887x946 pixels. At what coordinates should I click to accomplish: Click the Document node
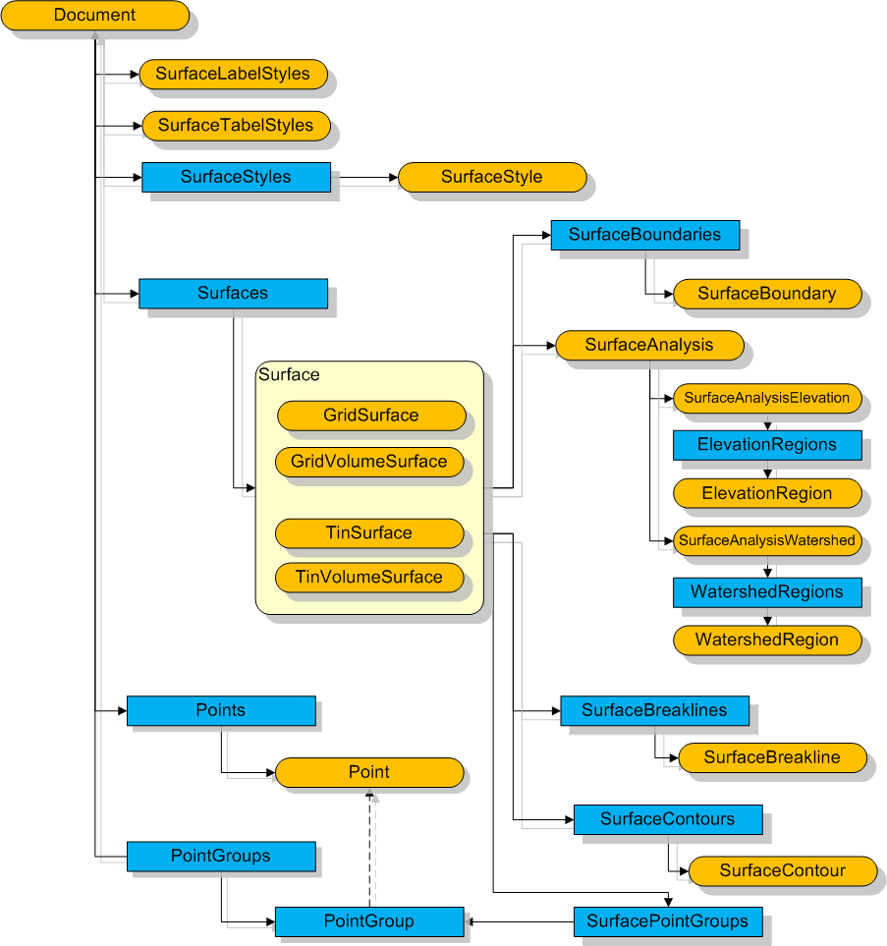point(94,16)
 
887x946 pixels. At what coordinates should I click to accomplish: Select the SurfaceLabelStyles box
point(233,74)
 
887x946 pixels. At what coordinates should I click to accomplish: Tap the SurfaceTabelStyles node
point(236,126)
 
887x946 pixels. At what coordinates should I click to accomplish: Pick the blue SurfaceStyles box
point(236,177)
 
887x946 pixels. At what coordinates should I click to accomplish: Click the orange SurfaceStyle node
point(491,177)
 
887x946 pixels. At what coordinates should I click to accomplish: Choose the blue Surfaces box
point(233,293)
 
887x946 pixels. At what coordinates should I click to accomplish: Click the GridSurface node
point(370,416)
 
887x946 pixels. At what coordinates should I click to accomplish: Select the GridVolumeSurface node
point(369,462)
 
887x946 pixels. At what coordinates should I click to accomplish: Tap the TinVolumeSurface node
point(369,577)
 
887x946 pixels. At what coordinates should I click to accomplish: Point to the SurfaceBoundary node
point(766,294)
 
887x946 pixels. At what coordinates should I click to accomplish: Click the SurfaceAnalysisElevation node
point(766,398)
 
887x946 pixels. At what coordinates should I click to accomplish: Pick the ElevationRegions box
point(766,445)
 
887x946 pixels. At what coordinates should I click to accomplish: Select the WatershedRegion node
point(766,640)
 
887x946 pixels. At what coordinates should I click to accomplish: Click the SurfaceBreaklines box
point(654,710)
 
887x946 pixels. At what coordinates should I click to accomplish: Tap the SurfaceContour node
point(782,870)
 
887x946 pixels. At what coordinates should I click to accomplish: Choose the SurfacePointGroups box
point(667,921)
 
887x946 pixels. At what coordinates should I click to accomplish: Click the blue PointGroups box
point(220,856)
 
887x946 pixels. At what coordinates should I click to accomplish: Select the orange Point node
point(369,772)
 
